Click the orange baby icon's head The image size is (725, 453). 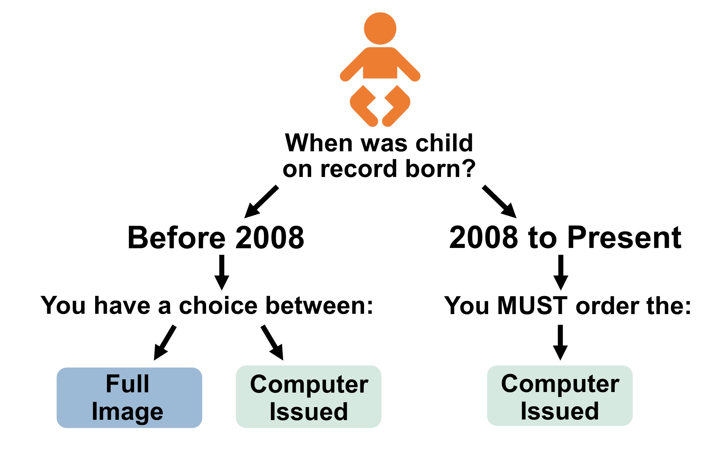[380, 28]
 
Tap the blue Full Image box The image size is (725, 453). [129, 397]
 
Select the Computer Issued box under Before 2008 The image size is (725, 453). [308, 397]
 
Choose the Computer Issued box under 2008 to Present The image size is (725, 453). [560, 396]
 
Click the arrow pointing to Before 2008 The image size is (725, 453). [261, 201]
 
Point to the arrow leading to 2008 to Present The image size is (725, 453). [499, 201]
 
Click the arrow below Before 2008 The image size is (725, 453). [222, 272]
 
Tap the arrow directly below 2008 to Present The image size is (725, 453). [561, 272]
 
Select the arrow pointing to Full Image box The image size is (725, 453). [165, 342]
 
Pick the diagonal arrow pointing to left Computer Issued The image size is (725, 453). [272, 342]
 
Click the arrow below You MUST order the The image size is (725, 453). [560, 342]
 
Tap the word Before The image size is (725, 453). [176, 238]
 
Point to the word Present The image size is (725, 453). [625, 238]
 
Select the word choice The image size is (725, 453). [218, 306]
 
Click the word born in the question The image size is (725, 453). [431, 169]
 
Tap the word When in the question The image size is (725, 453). [319, 143]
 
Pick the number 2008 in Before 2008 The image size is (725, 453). [270, 238]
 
